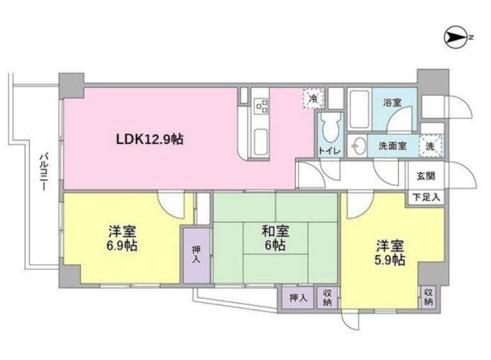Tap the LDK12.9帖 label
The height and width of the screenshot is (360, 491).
[150, 139]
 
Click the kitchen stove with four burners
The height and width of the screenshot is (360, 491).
[262, 106]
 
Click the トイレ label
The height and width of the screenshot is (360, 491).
[329, 151]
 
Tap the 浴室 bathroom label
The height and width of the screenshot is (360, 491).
[392, 102]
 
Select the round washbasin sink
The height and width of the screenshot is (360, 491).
[360, 146]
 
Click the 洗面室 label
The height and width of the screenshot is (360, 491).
[392, 146]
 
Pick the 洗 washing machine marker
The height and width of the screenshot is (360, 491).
[431, 145]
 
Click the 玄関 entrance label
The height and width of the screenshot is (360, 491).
[426, 176]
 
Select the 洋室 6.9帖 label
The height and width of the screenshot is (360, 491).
[122, 239]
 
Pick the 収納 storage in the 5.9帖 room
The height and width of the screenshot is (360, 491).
[429, 298]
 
